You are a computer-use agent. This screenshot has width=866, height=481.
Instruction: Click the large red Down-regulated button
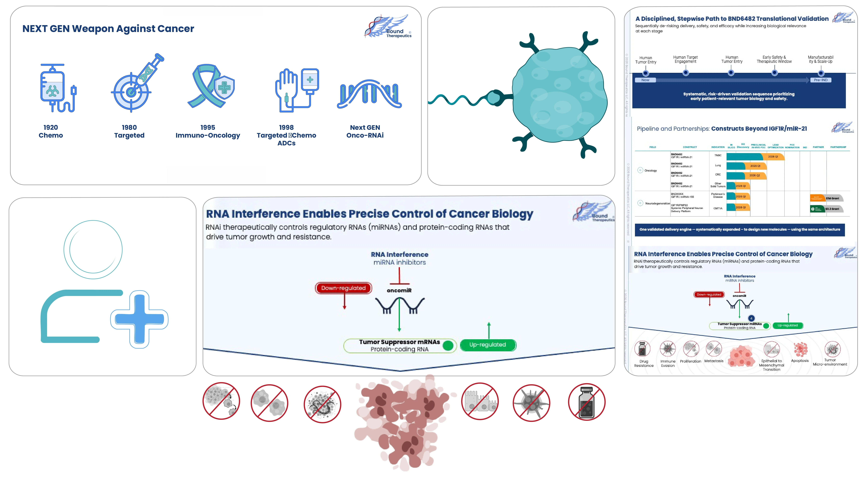point(343,288)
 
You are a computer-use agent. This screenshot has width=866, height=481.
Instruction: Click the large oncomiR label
point(399,290)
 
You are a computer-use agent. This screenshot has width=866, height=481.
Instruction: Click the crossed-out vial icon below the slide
point(587,402)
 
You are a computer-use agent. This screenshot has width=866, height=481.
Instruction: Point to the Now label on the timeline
point(645,80)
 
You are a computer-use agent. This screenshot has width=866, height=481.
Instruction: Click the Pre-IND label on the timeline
point(821,80)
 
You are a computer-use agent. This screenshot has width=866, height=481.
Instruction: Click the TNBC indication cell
point(718,155)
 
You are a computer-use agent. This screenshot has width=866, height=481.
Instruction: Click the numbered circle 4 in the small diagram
point(751,318)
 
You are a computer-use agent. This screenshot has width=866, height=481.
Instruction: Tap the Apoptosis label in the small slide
point(800,361)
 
